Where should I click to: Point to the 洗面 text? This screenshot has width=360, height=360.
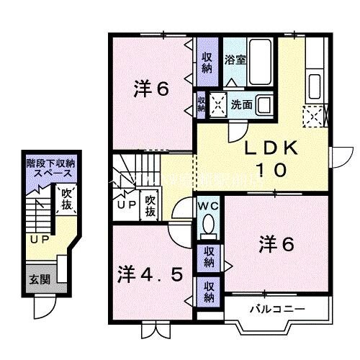pos(241,104)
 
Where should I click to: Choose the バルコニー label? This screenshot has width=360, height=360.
pos(277,310)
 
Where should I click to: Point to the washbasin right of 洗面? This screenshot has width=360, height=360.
pos(264,104)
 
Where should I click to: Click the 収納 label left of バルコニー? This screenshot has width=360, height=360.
pos(208,291)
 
